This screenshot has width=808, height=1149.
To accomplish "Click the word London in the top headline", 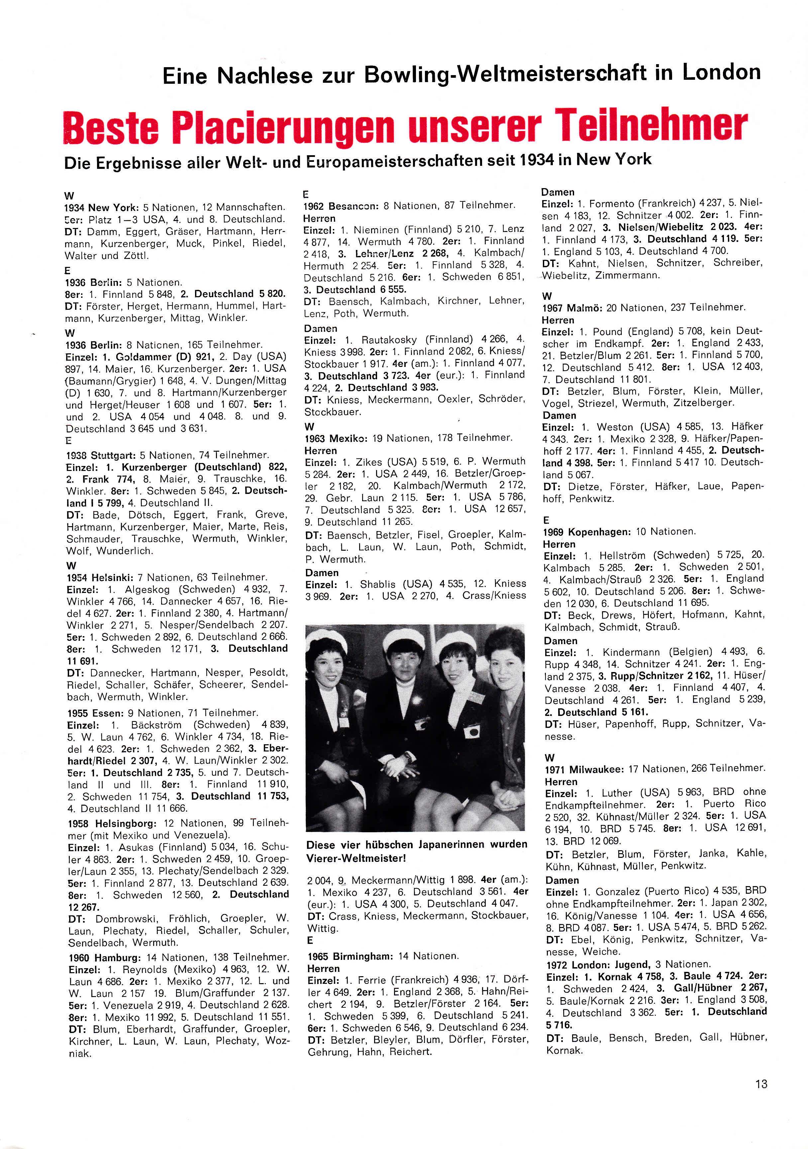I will coord(721,73).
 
